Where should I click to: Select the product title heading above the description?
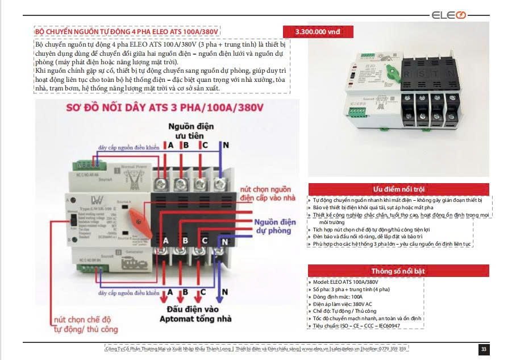click(x=127, y=31)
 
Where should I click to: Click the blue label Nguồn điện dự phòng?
click(x=275, y=226)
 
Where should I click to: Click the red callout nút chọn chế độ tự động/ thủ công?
click(x=86, y=324)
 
